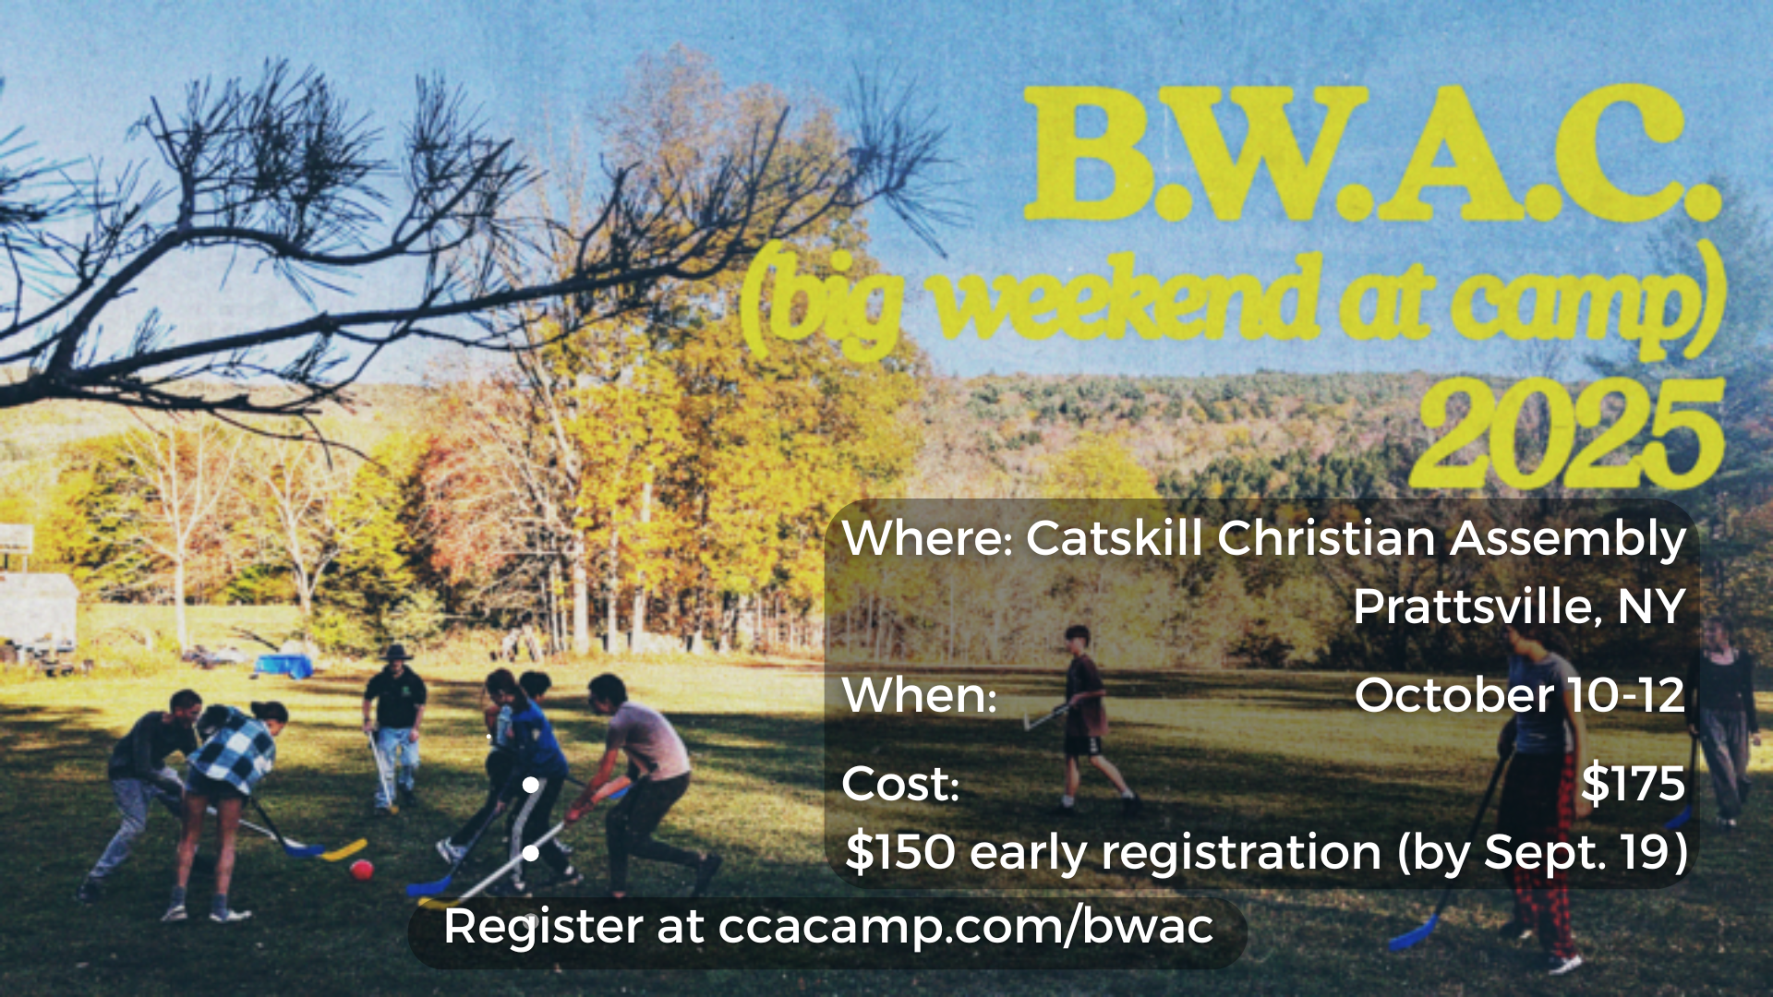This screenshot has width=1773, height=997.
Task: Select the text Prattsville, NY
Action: coord(1519,607)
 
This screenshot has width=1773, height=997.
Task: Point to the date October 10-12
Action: coord(1520,694)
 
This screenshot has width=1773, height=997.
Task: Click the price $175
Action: coord(1633,783)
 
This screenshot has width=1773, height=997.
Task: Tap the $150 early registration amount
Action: coord(899,851)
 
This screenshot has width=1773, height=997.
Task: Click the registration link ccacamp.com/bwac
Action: coord(966,926)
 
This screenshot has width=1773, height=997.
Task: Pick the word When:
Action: coord(920,695)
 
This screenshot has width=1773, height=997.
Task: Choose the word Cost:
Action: coord(900,784)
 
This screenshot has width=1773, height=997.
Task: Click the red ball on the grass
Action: coord(361,869)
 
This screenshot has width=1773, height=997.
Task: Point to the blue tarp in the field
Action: coord(283,665)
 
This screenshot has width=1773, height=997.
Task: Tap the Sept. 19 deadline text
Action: coord(1578,851)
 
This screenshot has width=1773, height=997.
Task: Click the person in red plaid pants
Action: coord(1538,794)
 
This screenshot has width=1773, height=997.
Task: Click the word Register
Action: coord(543,927)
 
